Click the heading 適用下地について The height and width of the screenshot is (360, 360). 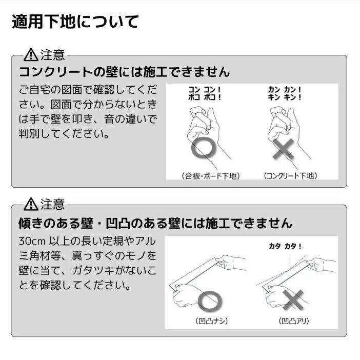[75, 23]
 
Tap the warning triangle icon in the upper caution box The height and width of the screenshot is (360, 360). [31, 54]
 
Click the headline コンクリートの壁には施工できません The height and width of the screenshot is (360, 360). [124, 71]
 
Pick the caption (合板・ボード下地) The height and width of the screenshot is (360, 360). [210, 176]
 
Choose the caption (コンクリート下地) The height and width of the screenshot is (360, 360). [290, 176]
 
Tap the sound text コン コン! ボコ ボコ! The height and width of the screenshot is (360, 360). [205, 92]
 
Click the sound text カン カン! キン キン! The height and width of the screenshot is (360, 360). [285, 92]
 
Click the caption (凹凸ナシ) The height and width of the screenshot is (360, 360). [211, 322]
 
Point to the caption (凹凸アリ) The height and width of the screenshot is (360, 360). [294, 322]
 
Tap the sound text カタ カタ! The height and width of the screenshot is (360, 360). [285, 246]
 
